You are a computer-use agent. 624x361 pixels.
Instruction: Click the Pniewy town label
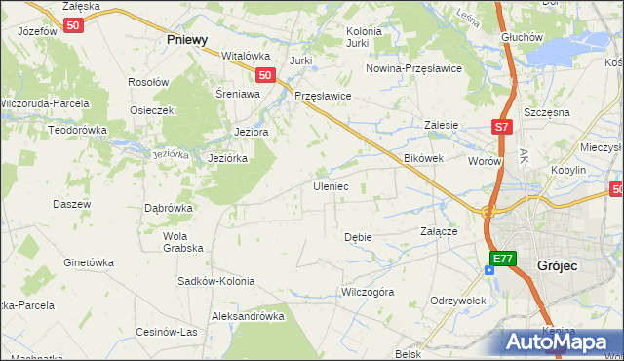187,40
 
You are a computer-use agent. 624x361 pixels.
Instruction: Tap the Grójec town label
560,264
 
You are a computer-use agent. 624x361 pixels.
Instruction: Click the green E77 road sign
501,258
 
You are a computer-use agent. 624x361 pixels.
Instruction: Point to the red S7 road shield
501,127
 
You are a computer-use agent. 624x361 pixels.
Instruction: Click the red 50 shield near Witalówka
264,74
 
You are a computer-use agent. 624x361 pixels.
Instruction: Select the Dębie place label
358,237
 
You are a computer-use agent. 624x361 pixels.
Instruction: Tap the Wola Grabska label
176,241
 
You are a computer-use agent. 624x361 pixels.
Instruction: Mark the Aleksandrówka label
248,316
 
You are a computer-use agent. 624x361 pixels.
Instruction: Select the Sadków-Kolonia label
216,281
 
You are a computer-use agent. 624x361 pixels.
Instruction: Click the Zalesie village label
441,125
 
